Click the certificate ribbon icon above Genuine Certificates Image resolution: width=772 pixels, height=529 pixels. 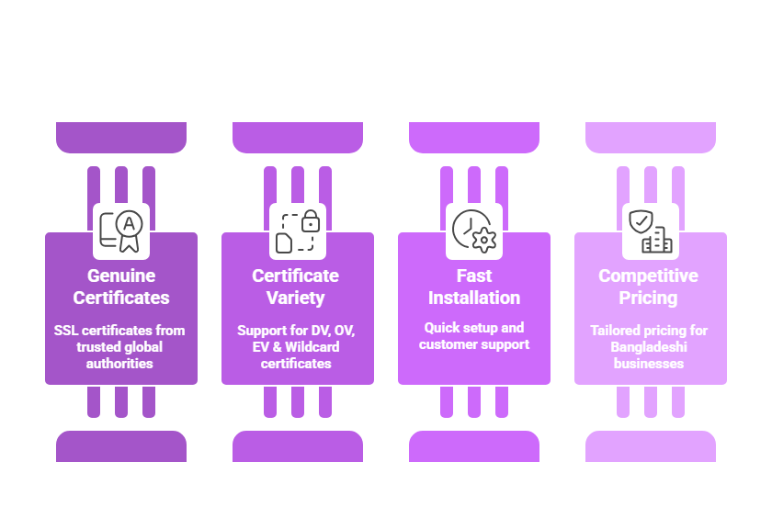point(121,231)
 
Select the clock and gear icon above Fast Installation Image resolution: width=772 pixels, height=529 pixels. point(474,231)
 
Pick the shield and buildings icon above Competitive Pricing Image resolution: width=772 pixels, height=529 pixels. point(651,231)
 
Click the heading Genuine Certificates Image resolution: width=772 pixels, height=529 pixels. point(121,287)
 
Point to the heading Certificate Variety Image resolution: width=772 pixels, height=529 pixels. point(296,287)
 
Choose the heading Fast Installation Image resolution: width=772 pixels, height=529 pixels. point(474,287)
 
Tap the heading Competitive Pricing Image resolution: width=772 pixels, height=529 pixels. point(649,287)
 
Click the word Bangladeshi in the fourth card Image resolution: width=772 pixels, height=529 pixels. point(649,347)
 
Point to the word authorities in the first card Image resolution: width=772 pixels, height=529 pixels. point(121,364)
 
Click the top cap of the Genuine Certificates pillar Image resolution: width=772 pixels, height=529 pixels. point(121,137)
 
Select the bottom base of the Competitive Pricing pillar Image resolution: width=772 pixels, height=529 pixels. point(651,446)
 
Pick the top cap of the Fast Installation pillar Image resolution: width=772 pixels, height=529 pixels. point(474,137)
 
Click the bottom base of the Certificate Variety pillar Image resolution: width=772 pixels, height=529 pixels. point(298,446)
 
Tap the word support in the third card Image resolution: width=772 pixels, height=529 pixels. point(504,344)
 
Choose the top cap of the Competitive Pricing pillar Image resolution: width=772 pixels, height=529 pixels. point(651,137)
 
